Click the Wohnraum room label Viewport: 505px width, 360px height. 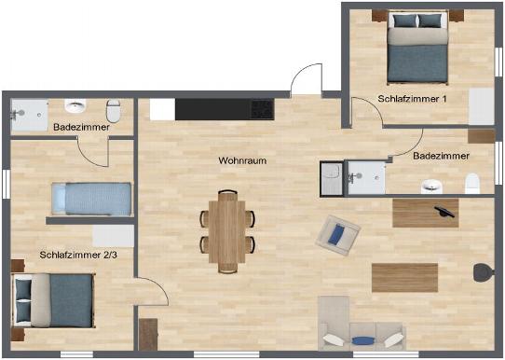point(242,160)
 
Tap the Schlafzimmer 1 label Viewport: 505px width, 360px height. point(412,99)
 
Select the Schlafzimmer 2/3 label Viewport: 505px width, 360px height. point(78,255)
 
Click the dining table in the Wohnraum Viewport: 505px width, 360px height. point(227,231)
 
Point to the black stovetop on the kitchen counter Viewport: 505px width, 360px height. point(263,109)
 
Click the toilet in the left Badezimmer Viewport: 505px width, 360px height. point(113,110)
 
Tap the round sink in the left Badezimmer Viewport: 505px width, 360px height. point(75,105)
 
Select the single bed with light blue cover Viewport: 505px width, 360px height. point(91,199)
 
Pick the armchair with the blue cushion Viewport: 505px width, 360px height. point(338,235)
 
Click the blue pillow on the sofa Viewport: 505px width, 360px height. point(363,340)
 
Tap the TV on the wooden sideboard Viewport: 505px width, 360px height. point(444,212)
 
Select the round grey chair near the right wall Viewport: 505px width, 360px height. point(484,272)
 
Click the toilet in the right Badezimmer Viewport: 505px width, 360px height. point(472,184)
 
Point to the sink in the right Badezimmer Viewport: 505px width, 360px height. point(431,187)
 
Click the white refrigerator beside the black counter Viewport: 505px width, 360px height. point(162,109)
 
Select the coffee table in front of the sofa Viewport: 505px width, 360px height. point(404,278)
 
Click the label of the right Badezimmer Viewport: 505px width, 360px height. point(441,156)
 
